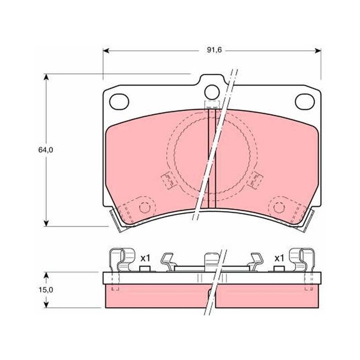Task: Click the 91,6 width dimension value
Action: (214, 50)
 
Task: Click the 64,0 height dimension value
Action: (45, 150)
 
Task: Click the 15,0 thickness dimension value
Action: (45, 290)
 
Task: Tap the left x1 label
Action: (145, 258)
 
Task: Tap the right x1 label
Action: (279, 258)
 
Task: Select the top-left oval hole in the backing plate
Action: (119, 102)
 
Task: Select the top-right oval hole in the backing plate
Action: (305, 102)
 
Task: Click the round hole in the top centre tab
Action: (212, 92)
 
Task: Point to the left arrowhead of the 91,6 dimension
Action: (106, 51)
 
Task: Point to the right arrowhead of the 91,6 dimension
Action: (318, 51)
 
